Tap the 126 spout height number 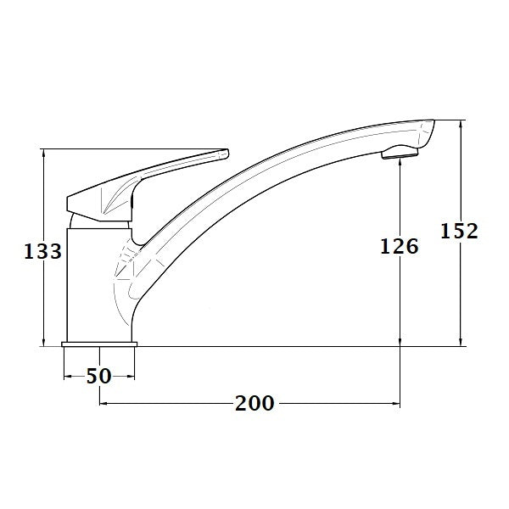(399, 247)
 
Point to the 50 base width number (99, 376)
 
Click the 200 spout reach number (255, 403)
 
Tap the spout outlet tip (400, 154)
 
